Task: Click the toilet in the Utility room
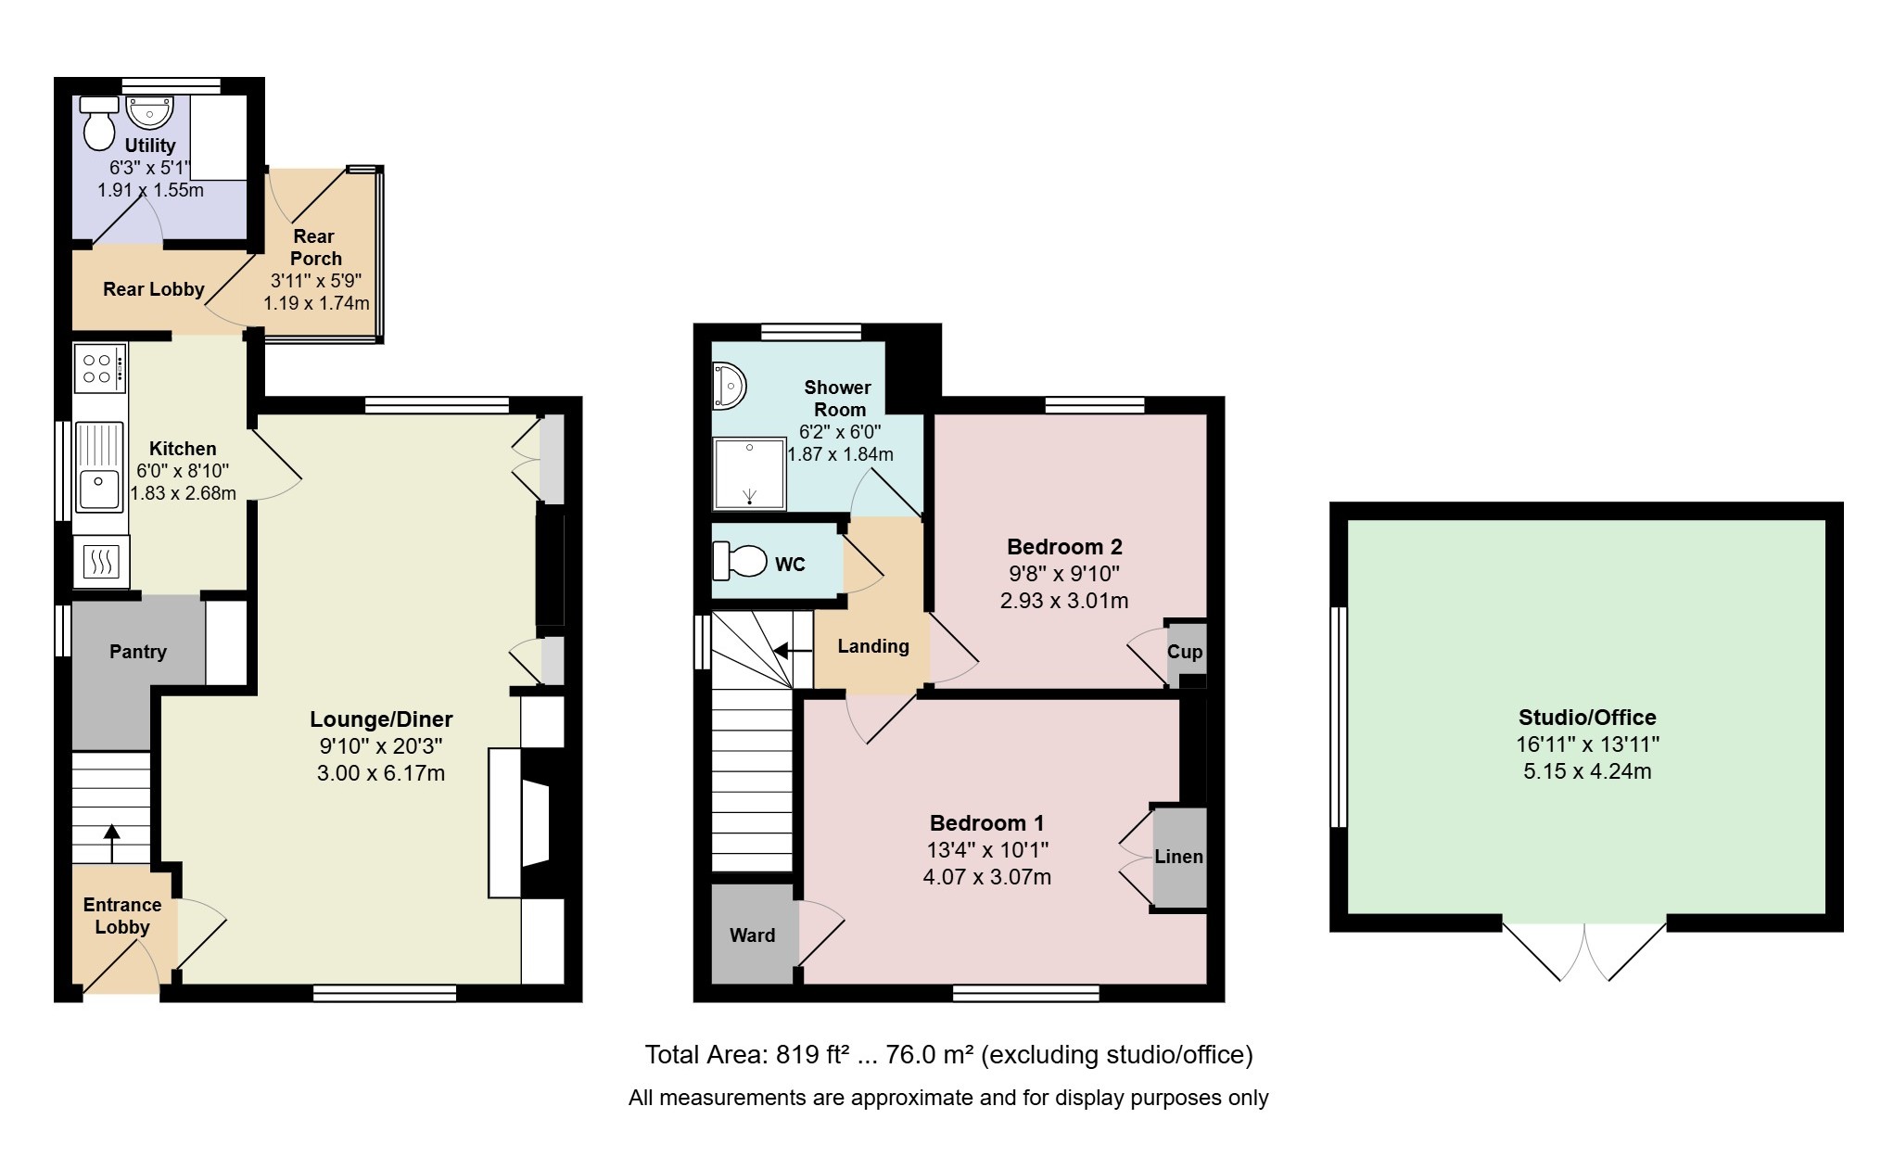pos(99,122)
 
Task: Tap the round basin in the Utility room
pos(148,112)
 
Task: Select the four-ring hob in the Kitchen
pos(99,368)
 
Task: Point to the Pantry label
pos(138,652)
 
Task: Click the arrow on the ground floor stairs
pos(111,844)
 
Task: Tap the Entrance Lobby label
pos(122,916)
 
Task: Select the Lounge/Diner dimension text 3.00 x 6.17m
pos(381,773)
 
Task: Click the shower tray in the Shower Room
pos(749,475)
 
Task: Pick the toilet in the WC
pos(740,561)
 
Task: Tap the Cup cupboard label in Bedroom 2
pos(1185,652)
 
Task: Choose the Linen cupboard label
pos(1179,857)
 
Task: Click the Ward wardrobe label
pos(752,935)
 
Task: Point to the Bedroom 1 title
pos(987,823)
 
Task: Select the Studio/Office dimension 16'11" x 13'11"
pos(1588,744)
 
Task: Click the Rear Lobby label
pos(154,289)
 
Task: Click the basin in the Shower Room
pos(729,386)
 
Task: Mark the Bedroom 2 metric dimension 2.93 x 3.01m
pos(1064,601)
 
